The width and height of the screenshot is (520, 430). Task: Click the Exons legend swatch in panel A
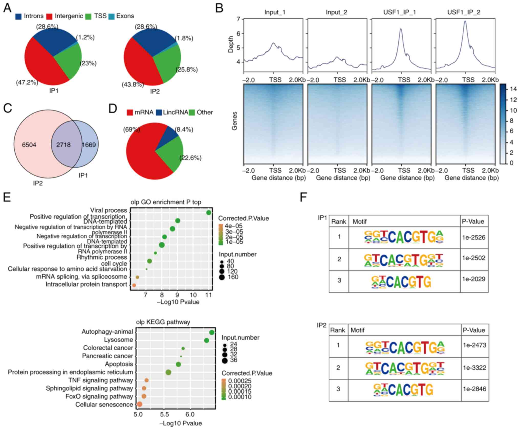pos(111,16)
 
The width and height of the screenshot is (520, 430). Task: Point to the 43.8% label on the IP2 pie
pos(133,84)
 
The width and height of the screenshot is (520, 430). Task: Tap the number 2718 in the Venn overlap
pos(63,145)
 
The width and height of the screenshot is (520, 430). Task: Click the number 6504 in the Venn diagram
pos(29,145)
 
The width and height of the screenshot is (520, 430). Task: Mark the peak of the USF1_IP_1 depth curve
pos(401,29)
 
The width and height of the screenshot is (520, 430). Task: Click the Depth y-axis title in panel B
pos(231,44)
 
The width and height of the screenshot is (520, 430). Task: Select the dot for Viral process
pos(209,212)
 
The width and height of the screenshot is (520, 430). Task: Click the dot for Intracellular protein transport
pos(134,285)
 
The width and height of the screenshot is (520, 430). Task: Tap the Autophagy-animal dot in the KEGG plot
pos(212,332)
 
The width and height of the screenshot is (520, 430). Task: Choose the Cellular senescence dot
pos(139,404)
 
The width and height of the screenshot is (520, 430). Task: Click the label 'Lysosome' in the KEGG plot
pos(118,340)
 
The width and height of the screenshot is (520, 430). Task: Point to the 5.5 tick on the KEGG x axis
pos(164,414)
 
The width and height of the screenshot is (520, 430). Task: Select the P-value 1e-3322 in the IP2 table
pos(474,368)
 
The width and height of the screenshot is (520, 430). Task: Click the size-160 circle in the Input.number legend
pos(222,277)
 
